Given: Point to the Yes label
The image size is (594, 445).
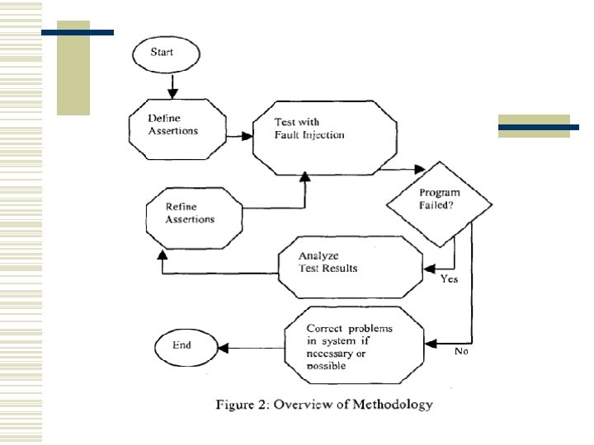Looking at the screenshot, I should [449, 279].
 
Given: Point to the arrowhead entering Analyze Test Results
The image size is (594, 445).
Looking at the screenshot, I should [428, 268].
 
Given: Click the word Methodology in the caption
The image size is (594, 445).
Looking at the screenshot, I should [389, 405].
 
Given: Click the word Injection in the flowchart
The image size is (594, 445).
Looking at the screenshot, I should [322, 135].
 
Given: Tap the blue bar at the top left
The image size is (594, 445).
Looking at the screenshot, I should [78, 32].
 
